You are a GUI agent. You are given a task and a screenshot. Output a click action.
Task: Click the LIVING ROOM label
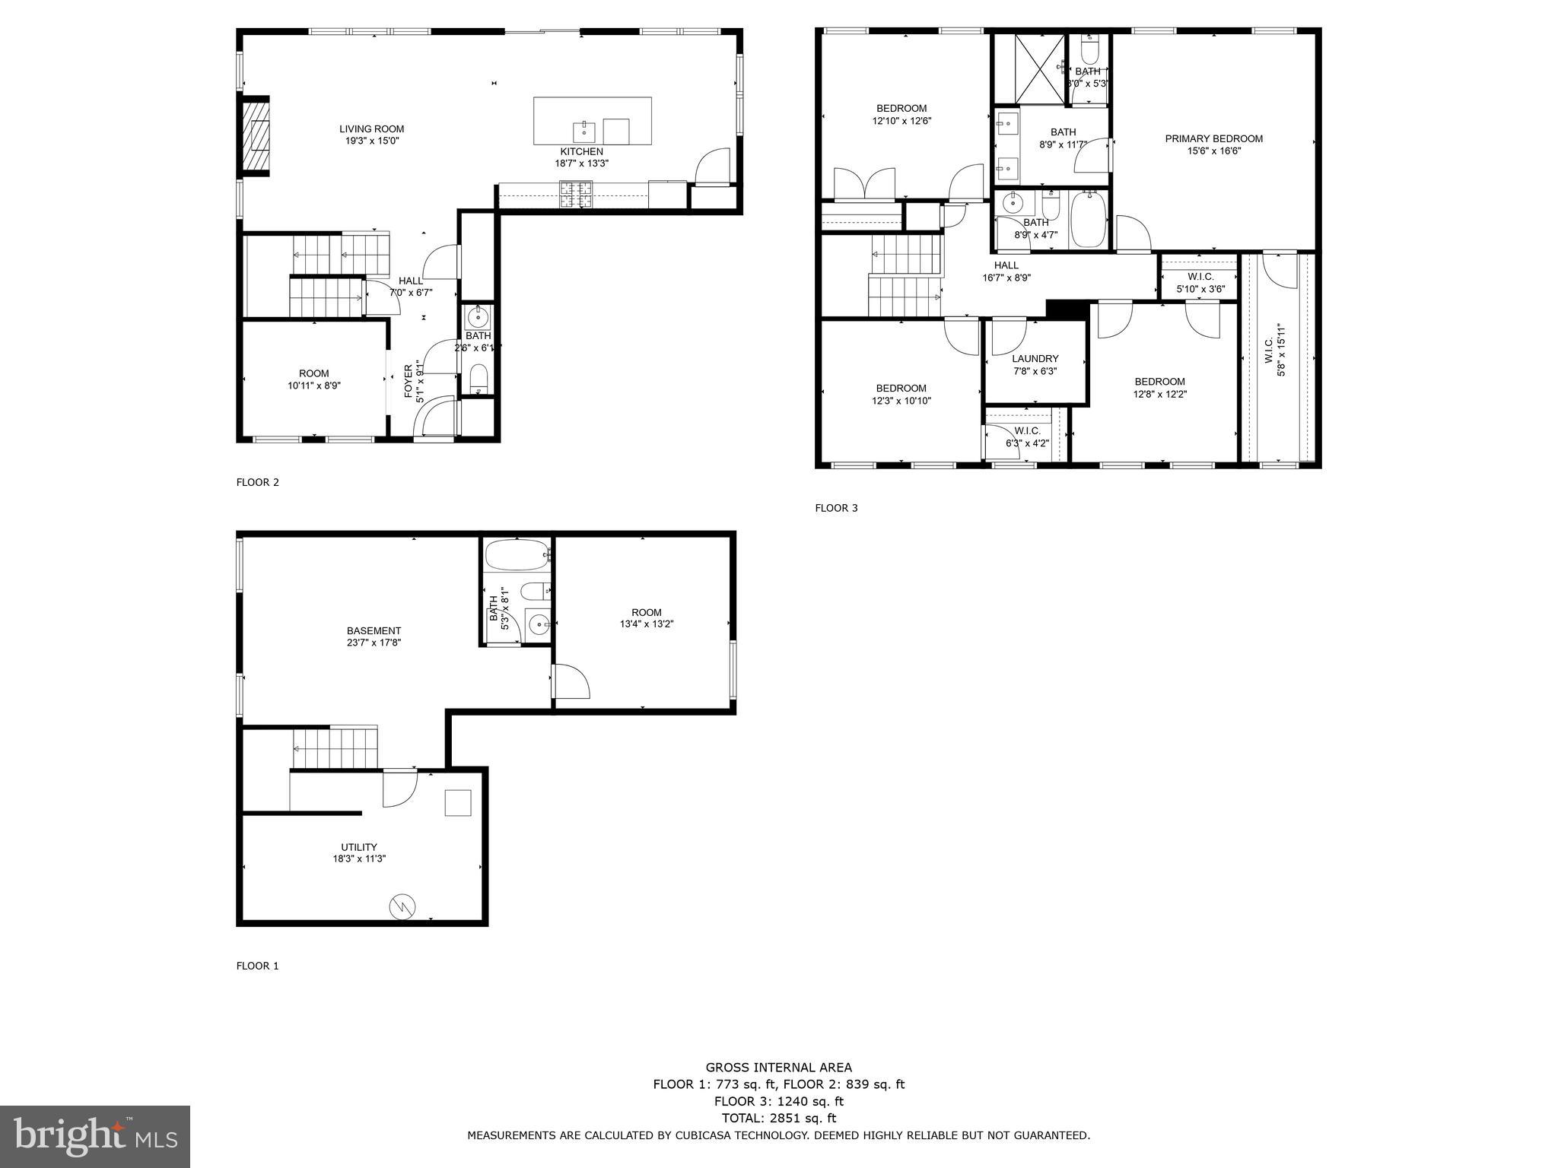click(371, 129)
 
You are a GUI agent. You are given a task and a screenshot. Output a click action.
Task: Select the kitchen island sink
click(583, 131)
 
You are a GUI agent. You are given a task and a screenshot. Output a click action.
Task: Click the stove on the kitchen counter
click(575, 194)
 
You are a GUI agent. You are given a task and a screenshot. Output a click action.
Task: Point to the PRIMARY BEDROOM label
click(1213, 138)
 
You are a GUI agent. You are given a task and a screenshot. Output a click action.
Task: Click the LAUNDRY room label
click(1035, 359)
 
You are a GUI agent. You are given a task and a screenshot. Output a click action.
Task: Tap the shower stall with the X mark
click(1040, 68)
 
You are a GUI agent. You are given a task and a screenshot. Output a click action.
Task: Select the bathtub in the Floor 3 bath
click(1088, 221)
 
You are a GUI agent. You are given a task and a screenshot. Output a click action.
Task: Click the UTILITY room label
click(358, 847)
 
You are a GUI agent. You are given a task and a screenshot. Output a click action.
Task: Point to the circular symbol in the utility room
click(402, 906)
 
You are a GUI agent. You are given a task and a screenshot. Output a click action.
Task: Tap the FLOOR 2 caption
click(258, 482)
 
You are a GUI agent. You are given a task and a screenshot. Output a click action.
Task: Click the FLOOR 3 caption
click(836, 508)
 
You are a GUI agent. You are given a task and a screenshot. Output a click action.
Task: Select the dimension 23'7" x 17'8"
click(374, 643)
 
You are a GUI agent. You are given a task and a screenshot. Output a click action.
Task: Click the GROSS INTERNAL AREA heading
click(778, 1068)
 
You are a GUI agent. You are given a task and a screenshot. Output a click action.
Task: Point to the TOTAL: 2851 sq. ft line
click(778, 1118)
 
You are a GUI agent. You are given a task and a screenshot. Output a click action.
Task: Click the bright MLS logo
click(95, 1136)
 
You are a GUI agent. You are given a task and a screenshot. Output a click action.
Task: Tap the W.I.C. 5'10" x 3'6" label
click(1200, 283)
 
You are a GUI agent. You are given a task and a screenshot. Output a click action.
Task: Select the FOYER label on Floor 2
click(409, 382)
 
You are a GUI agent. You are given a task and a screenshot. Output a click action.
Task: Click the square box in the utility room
click(458, 803)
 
